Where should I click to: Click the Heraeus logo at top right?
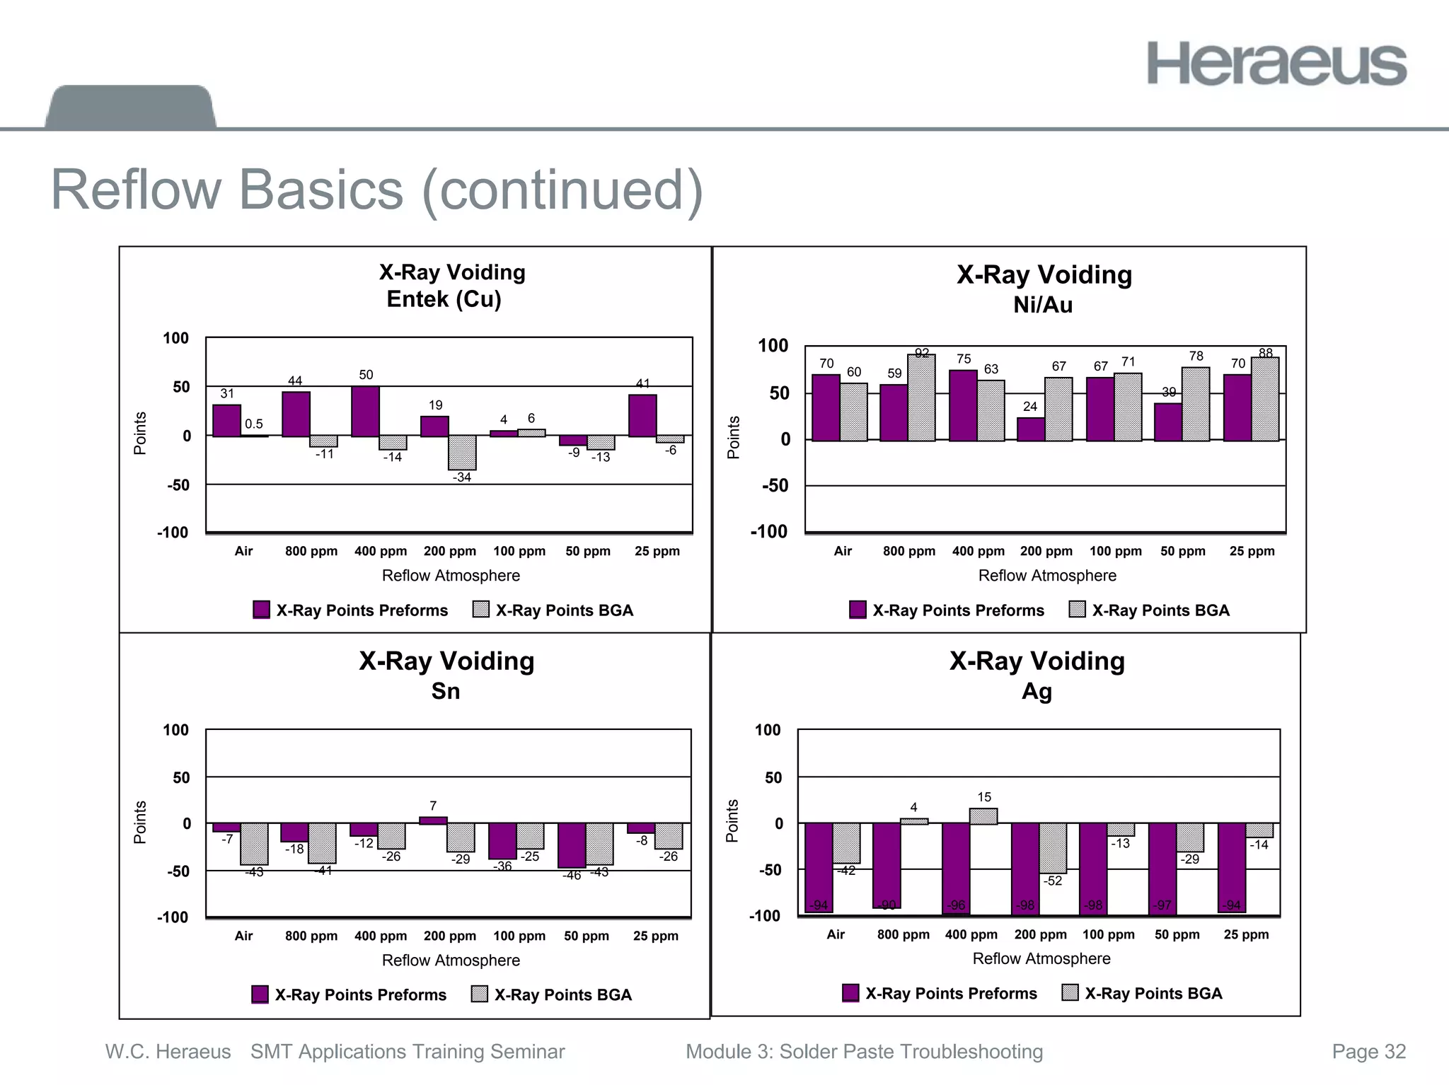(x=1276, y=64)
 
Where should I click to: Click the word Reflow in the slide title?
(x=137, y=190)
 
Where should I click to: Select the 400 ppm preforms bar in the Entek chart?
(x=365, y=411)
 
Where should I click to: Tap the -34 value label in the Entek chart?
(x=462, y=477)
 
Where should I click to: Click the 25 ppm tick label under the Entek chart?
(x=657, y=551)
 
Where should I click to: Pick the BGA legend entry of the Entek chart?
(x=553, y=610)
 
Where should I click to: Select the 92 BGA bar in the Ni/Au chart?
(x=921, y=398)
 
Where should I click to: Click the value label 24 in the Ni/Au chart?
(x=1030, y=407)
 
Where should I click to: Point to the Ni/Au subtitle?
(x=1043, y=305)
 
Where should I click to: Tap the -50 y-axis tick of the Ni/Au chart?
(x=775, y=485)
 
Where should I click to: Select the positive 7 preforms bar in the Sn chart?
(x=433, y=820)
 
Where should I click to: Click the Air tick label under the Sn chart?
(x=243, y=936)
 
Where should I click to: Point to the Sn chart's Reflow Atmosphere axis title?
(x=451, y=961)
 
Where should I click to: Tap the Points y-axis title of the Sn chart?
(x=140, y=823)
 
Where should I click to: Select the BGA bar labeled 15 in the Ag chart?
(x=983, y=816)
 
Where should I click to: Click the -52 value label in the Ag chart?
(x=1053, y=881)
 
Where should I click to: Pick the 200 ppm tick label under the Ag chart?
(x=1040, y=934)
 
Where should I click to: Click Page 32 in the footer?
(x=1368, y=1052)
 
